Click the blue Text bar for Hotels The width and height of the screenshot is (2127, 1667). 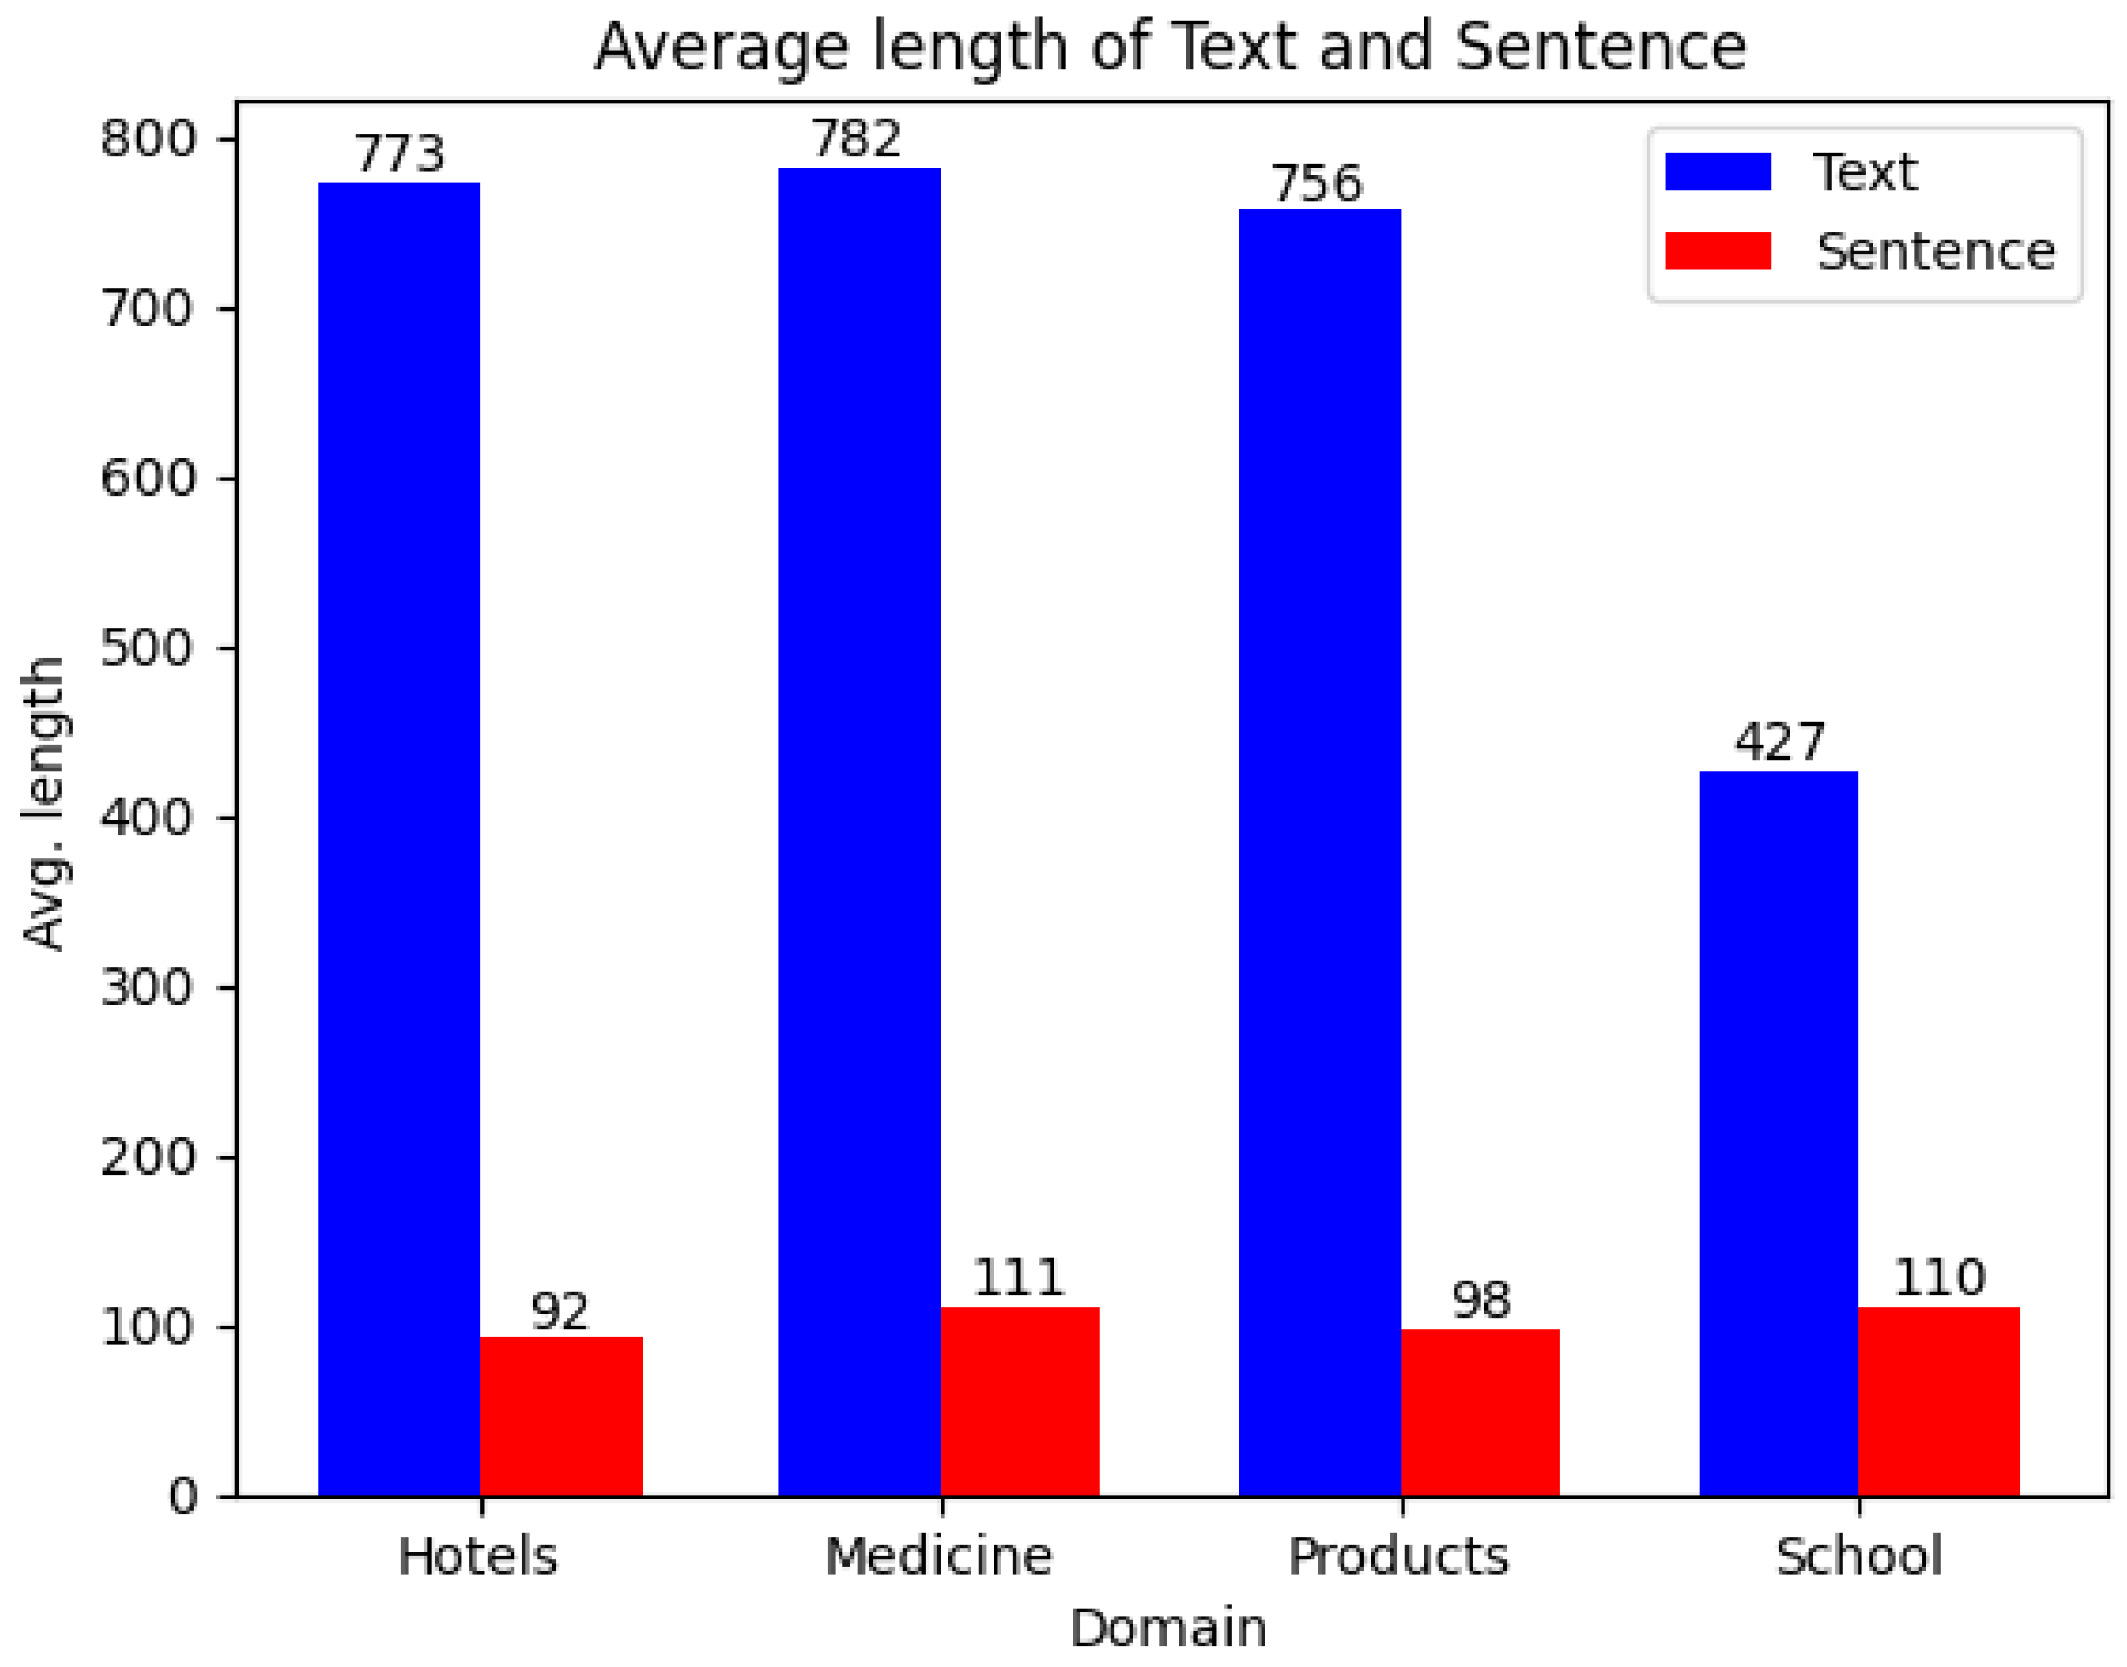399,840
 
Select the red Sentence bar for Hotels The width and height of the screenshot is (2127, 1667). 560,1416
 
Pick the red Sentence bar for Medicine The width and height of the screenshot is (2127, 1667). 1019,1400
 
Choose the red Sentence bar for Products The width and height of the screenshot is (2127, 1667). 1480,1413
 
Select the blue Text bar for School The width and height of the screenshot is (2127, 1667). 1778,1133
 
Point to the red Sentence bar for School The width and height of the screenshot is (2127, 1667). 1939,1400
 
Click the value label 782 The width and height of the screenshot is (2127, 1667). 857,140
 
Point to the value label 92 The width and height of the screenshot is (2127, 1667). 560,1312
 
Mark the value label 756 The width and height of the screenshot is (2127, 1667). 1316,183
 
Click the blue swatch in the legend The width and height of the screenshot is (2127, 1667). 1717,172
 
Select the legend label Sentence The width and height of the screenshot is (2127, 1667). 1936,252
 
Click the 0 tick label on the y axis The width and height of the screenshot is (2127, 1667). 182,1496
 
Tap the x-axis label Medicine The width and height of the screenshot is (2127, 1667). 939,1557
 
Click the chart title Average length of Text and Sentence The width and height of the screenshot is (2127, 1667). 1169,47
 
